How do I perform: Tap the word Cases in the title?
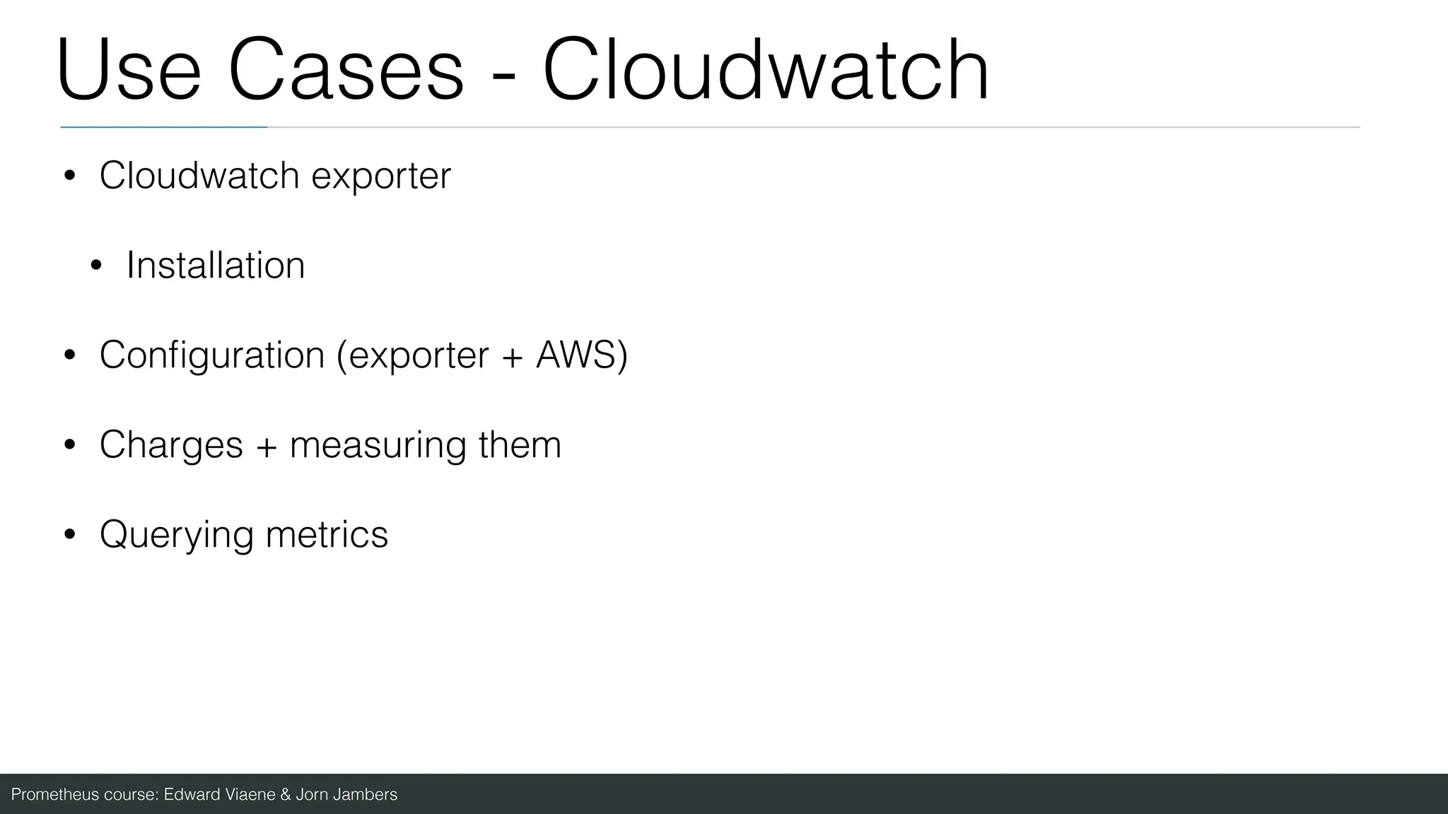point(346,71)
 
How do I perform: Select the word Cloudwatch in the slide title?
point(766,71)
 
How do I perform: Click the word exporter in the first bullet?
point(380,176)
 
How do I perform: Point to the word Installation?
point(216,266)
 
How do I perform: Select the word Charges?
point(171,444)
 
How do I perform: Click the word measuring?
point(378,446)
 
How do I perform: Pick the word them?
point(520,444)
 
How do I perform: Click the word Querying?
point(177,535)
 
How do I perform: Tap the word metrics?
point(327,534)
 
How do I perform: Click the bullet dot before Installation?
point(96,266)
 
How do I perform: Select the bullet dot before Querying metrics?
point(69,535)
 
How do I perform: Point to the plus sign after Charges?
point(267,446)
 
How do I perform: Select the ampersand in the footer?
point(286,795)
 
